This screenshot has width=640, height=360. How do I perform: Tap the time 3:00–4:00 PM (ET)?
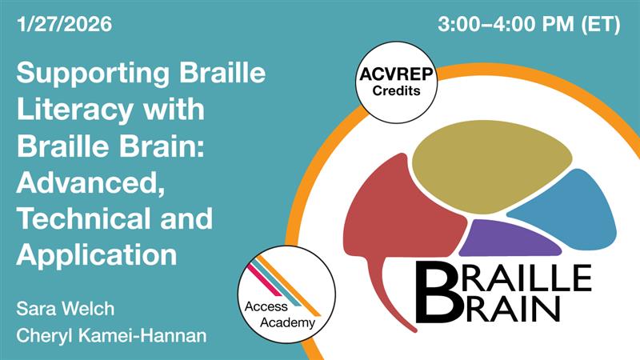click(529, 25)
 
